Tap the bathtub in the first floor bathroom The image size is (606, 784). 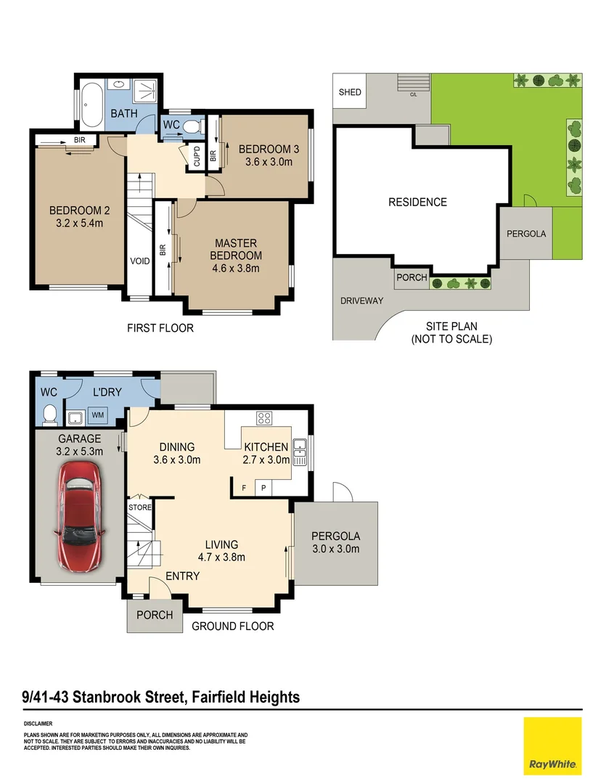92,105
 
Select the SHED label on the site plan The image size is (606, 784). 350,92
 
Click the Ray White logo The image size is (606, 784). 552,746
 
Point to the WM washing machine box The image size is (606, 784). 96,416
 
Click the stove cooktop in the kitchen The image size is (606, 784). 263,417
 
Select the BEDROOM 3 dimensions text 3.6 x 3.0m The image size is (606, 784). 269,162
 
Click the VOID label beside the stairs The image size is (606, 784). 139,261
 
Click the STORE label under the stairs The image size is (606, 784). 139,507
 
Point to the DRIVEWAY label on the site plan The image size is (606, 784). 361,301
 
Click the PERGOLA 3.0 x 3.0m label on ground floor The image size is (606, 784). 335,542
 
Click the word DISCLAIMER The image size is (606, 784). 38,724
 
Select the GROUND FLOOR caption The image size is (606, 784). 232,626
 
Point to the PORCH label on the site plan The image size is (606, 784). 411,278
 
